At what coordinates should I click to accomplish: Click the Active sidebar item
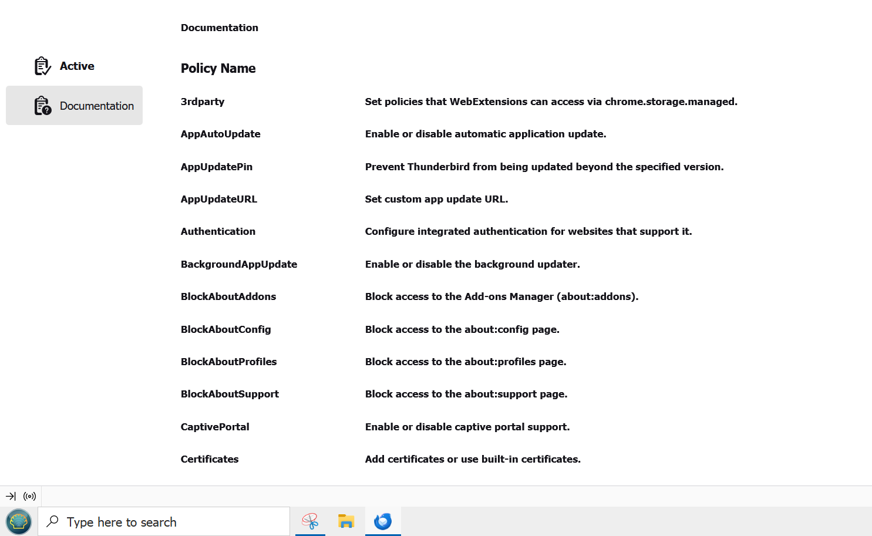coord(65,66)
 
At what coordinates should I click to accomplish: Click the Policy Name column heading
coord(218,69)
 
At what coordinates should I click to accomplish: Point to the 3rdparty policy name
coord(203,102)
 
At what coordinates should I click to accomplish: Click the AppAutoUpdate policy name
coord(220,134)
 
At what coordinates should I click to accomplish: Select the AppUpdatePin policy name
coord(216,167)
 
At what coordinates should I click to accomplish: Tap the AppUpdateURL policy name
coord(218,199)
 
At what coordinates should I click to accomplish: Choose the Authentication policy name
coord(218,231)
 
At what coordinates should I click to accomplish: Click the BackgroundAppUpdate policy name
coord(238,264)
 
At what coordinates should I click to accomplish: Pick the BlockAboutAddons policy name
coord(228,296)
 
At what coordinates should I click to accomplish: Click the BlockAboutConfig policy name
coord(225,329)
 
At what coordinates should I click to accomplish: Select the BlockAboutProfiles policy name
coord(228,362)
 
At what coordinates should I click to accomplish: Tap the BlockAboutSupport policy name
coord(230,394)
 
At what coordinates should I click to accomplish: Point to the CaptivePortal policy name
coord(215,427)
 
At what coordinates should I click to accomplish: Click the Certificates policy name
coord(210,459)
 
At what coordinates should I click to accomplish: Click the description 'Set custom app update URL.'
coord(436,199)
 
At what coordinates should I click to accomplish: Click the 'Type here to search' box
coord(164,522)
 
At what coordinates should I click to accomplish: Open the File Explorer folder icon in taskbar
coord(346,521)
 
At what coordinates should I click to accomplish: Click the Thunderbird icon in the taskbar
coord(383,521)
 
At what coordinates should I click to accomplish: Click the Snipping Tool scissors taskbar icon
coord(310,521)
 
